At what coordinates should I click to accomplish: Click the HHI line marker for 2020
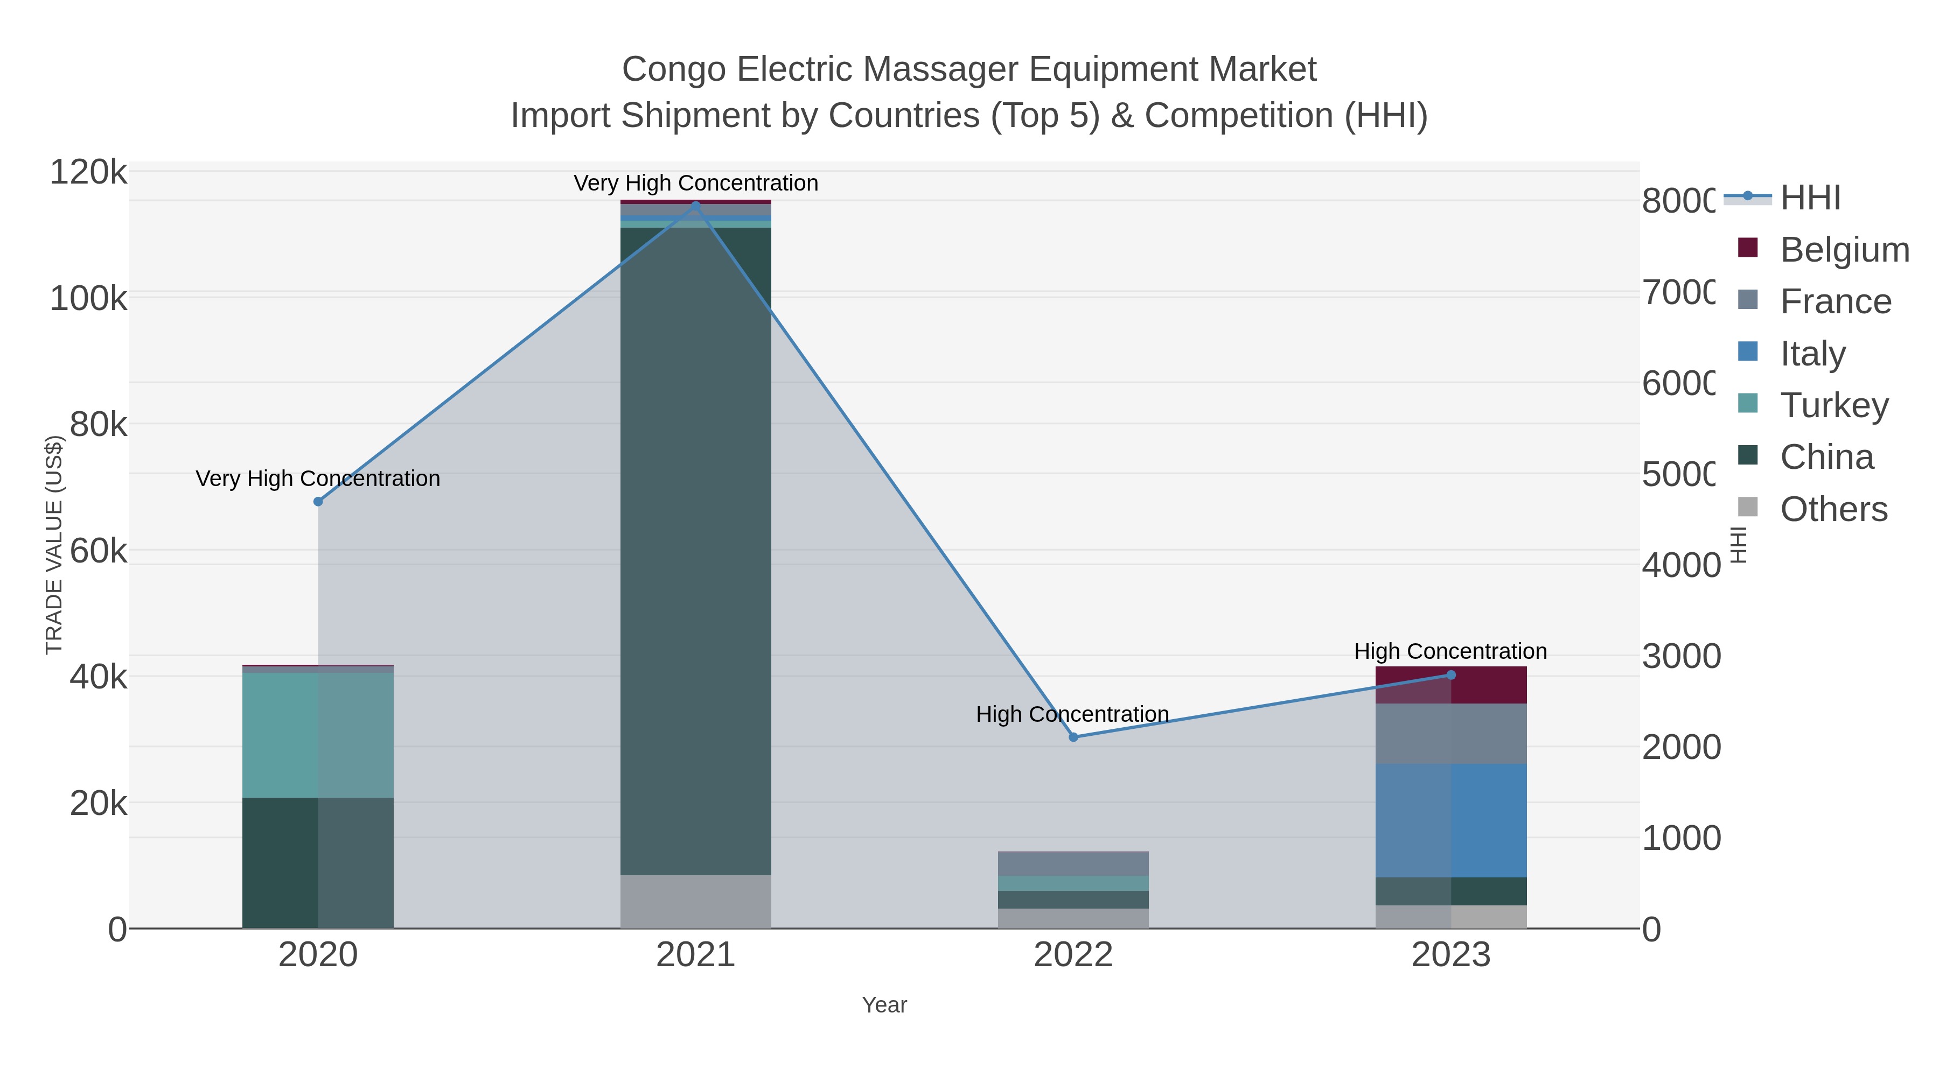point(318,502)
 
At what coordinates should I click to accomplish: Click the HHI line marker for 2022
point(1073,737)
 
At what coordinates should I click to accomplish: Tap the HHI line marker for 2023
point(1451,675)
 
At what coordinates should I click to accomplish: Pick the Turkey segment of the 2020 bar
point(318,735)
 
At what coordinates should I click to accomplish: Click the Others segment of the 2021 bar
point(695,901)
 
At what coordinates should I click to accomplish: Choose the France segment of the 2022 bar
point(1073,863)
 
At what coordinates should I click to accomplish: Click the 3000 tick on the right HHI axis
point(1680,657)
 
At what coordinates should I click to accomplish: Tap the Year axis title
point(884,1005)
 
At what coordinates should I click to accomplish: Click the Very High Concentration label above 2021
point(695,184)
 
